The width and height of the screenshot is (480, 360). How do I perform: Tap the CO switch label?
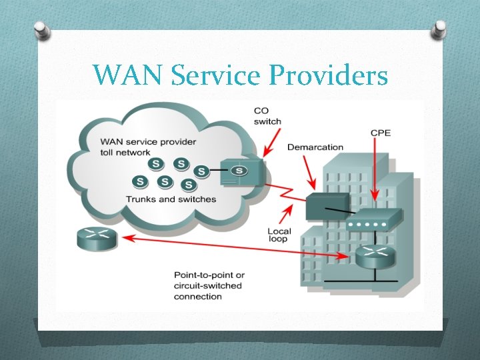tap(267, 116)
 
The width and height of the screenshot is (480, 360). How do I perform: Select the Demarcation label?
tap(315, 147)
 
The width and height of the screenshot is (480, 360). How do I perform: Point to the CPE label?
tap(381, 133)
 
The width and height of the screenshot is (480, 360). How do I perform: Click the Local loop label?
tap(279, 235)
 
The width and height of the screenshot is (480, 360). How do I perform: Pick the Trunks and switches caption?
tap(171, 199)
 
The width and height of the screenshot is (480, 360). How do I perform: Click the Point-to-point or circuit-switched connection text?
tap(209, 285)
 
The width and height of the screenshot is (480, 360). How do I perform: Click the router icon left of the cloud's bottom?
tap(97, 238)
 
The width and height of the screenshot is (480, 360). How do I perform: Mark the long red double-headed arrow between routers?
tap(233, 246)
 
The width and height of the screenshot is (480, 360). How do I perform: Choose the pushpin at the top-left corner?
tap(40, 30)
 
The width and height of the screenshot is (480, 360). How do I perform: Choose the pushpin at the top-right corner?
tap(440, 29)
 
